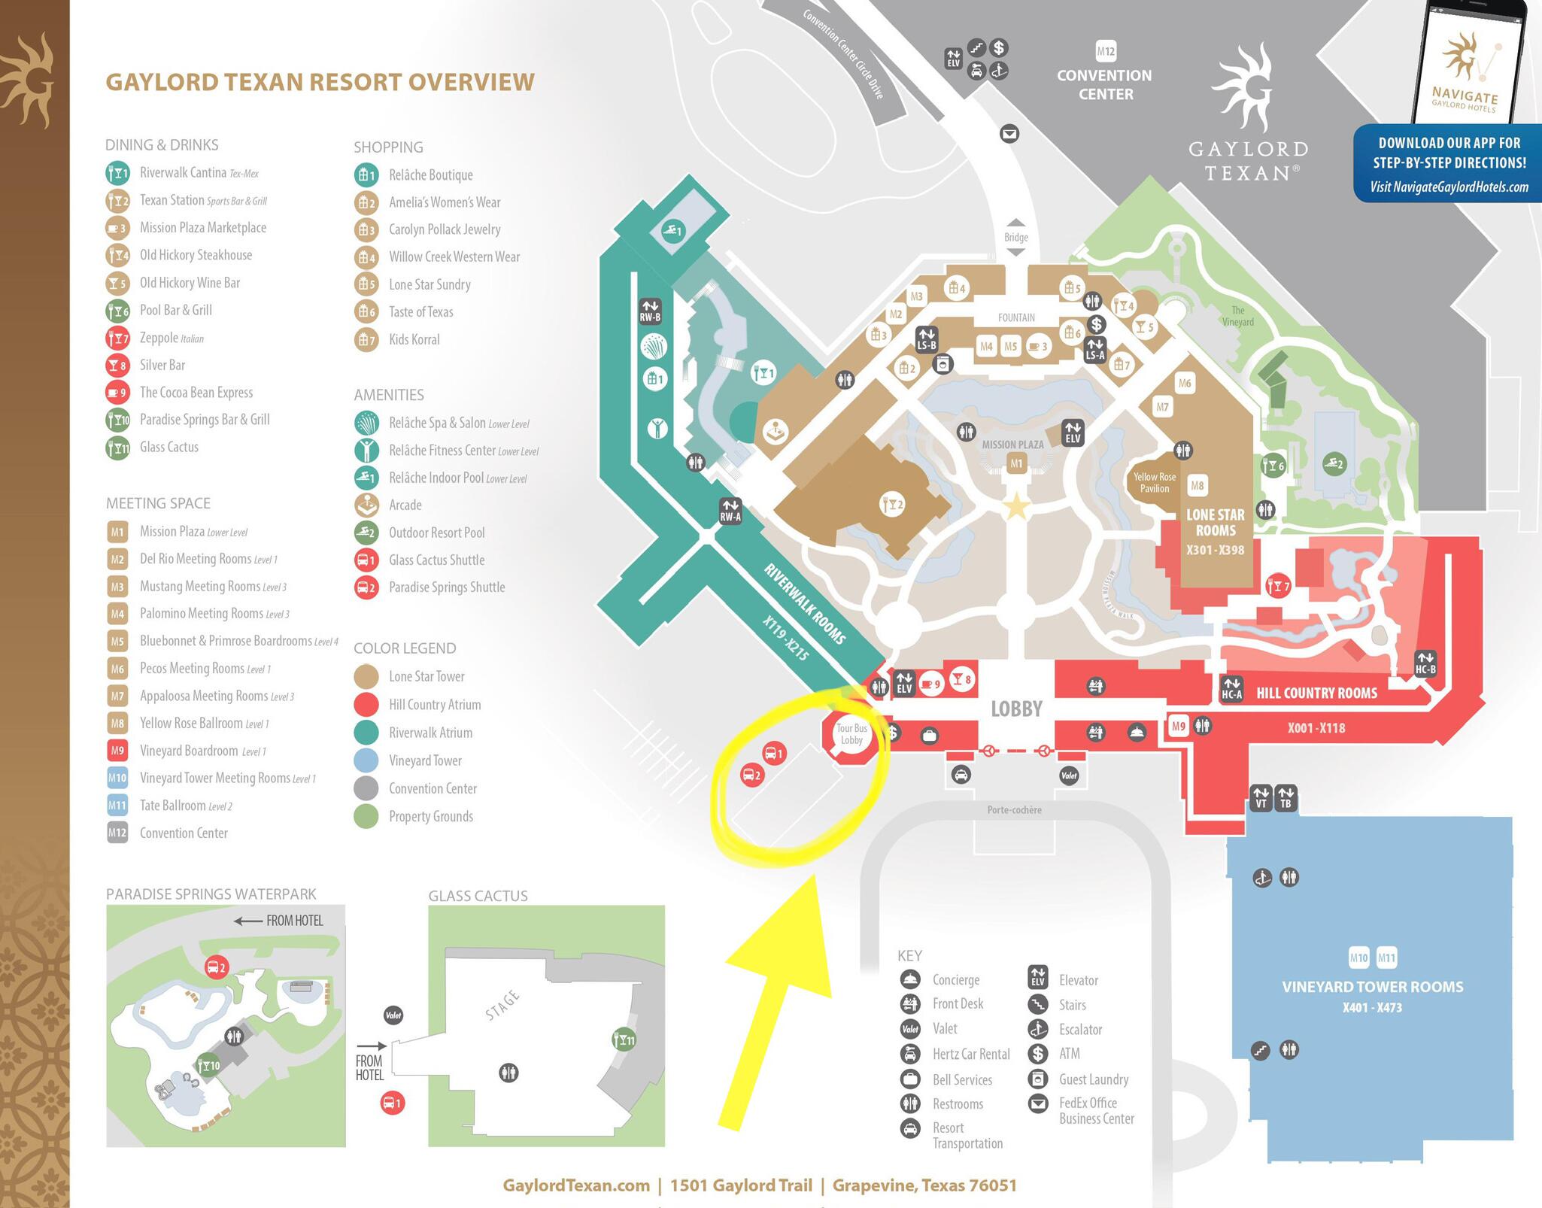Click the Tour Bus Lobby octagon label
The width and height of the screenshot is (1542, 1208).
pyautogui.click(x=851, y=734)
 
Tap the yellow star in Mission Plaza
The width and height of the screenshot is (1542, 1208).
pyautogui.click(x=1016, y=507)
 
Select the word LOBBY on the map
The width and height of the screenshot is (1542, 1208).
pyautogui.click(x=1016, y=709)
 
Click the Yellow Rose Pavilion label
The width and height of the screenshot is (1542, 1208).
pyautogui.click(x=1155, y=482)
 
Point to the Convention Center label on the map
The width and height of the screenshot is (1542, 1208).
pyautogui.click(x=1105, y=84)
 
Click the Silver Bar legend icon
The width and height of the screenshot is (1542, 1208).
pyautogui.click(x=117, y=366)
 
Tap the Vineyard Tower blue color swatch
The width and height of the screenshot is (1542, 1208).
pyautogui.click(x=366, y=760)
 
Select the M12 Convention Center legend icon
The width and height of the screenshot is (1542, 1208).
pyautogui.click(x=117, y=833)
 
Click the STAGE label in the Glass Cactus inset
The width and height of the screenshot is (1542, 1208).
pyautogui.click(x=502, y=1006)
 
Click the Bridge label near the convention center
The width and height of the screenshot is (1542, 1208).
pyautogui.click(x=1015, y=237)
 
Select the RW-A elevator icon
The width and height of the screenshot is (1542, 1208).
pyautogui.click(x=730, y=511)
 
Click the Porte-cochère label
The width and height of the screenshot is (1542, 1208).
pyautogui.click(x=1014, y=810)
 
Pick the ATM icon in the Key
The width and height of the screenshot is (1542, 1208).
pyautogui.click(x=1038, y=1054)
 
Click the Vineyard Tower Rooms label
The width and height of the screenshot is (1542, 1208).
pyautogui.click(x=1373, y=987)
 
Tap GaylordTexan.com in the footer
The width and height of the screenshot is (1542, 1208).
pyautogui.click(x=576, y=1185)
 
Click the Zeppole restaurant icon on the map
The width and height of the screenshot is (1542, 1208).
pyautogui.click(x=1278, y=584)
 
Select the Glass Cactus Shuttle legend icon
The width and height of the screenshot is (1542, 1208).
pyautogui.click(x=366, y=560)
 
